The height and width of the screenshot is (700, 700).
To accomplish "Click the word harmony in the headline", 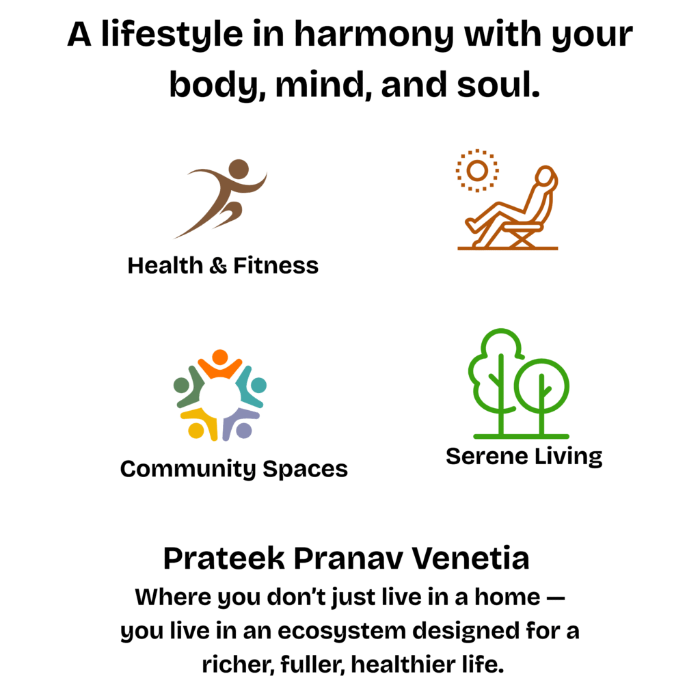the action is click(x=374, y=36).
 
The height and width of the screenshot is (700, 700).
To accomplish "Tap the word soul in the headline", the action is click(x=498, y=84).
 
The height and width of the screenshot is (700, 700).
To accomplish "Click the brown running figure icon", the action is click(x=220, y=199).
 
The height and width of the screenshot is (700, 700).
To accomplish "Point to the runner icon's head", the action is click(x=239, y=170).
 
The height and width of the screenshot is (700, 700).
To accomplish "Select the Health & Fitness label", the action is click(x=224, y=266).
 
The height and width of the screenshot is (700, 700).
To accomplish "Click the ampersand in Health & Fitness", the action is click(x=218, y=266).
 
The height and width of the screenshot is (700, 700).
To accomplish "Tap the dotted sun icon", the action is click(x=477, y=170).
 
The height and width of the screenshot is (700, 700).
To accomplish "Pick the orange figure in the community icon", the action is click(x=220, y=364).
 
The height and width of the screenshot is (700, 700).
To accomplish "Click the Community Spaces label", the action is click(x=234, y=469).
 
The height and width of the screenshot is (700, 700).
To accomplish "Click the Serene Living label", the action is click(x=524, y=457).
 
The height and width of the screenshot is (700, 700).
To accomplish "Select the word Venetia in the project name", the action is click(x=470, y=558).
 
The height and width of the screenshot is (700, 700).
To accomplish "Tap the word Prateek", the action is click(x=224, y=558).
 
